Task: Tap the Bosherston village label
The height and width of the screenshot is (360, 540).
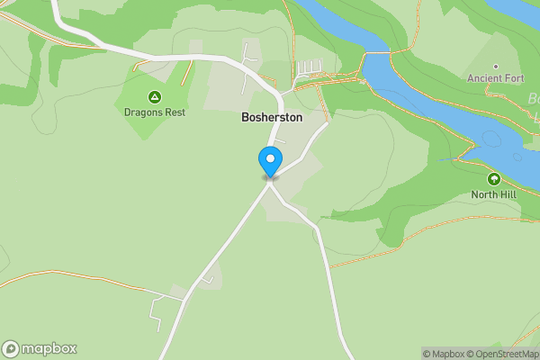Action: pos(272,117)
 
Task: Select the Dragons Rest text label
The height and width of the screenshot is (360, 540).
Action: pos(154,112)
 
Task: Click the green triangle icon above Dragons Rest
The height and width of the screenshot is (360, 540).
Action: pos(154,97)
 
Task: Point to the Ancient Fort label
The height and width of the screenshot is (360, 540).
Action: pos(495,78)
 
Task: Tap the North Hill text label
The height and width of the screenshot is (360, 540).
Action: pos(494,194)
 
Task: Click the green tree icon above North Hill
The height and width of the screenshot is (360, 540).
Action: pos(494,179)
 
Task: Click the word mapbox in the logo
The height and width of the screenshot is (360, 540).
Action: pos(49,349)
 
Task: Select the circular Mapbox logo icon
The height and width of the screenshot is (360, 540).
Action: pos(11,349)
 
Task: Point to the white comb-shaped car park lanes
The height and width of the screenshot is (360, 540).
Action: pos(308,67)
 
